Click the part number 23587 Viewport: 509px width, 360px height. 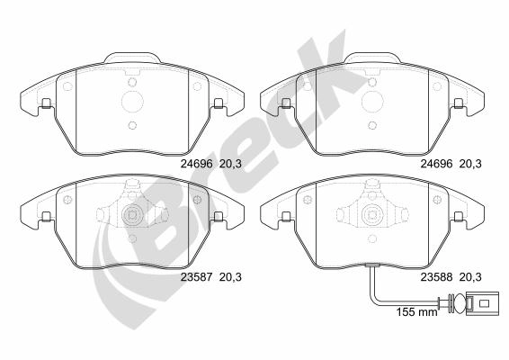(x=196, y=277)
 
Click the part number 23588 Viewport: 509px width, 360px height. (x=436, y=277)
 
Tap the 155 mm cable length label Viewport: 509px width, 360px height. (x=416, y=312)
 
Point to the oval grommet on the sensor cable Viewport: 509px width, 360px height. (x=459, y=303)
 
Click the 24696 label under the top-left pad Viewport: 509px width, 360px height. (x=196, y=164)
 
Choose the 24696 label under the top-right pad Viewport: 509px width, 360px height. (x=436, y=164)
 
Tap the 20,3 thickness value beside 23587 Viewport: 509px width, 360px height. (x=230, y=277)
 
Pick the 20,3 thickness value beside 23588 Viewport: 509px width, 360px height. (x=470, y=277)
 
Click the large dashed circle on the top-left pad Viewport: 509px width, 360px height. (x=132, y=102)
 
